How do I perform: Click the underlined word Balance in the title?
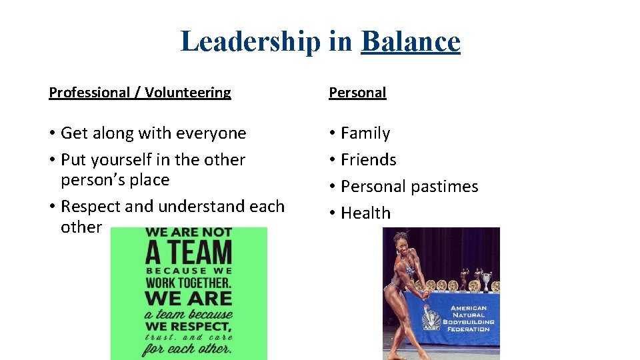pos(410,41)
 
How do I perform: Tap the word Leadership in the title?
pos(250,41)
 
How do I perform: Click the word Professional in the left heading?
pos(89,93)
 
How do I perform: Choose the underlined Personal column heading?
pos(357,93)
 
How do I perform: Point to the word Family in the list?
pos(365,133)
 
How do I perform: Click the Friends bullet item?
pos(368,160)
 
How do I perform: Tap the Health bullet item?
pos(365,213)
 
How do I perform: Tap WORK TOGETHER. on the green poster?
pos(189,283)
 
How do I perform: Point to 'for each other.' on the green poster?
pos(189,348)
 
